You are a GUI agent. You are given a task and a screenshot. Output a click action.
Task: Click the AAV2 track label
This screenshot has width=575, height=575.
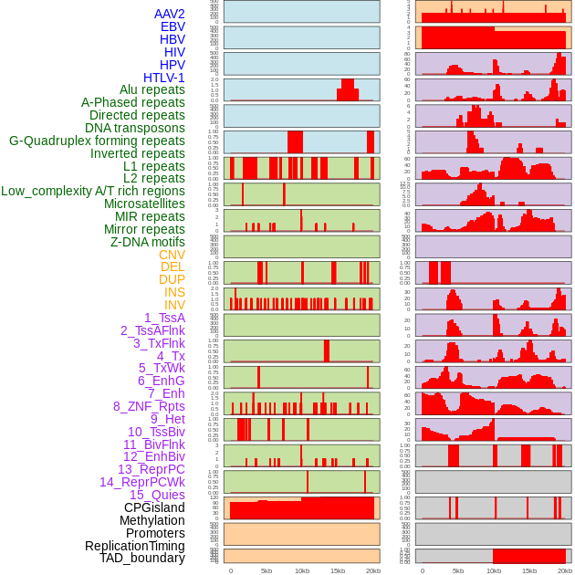(169, 14)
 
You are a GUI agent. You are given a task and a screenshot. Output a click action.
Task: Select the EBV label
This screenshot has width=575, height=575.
(172, 26)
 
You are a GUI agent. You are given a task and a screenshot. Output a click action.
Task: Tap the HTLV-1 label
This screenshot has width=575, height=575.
(163, 78)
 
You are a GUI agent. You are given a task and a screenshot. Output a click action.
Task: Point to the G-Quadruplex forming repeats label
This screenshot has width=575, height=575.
(97, 141)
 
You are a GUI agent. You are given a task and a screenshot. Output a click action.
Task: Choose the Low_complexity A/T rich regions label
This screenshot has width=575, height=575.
(92, 191)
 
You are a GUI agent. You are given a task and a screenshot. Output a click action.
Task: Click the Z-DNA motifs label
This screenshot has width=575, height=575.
(147, 242)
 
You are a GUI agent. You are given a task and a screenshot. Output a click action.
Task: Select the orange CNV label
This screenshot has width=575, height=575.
(172, 255)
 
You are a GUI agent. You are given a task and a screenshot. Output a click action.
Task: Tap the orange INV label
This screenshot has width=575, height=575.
(174, 305)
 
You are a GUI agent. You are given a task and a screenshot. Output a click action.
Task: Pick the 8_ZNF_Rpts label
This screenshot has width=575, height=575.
(149, 406)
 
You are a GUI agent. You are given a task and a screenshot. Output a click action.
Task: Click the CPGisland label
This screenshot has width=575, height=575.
(154, 507)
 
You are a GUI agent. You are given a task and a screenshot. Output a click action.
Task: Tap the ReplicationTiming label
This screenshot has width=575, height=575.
(134, 546)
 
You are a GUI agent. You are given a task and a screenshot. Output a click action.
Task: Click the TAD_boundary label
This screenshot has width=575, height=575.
(141, 558)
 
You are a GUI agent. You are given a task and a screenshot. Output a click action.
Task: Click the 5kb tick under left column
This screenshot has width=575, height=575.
(267, 570)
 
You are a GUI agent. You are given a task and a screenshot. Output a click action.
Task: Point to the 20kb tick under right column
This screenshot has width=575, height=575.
(565, 570)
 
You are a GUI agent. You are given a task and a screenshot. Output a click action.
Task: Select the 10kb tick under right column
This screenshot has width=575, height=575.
(494, 570)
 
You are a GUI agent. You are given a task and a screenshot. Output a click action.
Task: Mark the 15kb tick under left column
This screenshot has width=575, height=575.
(337, 570)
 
